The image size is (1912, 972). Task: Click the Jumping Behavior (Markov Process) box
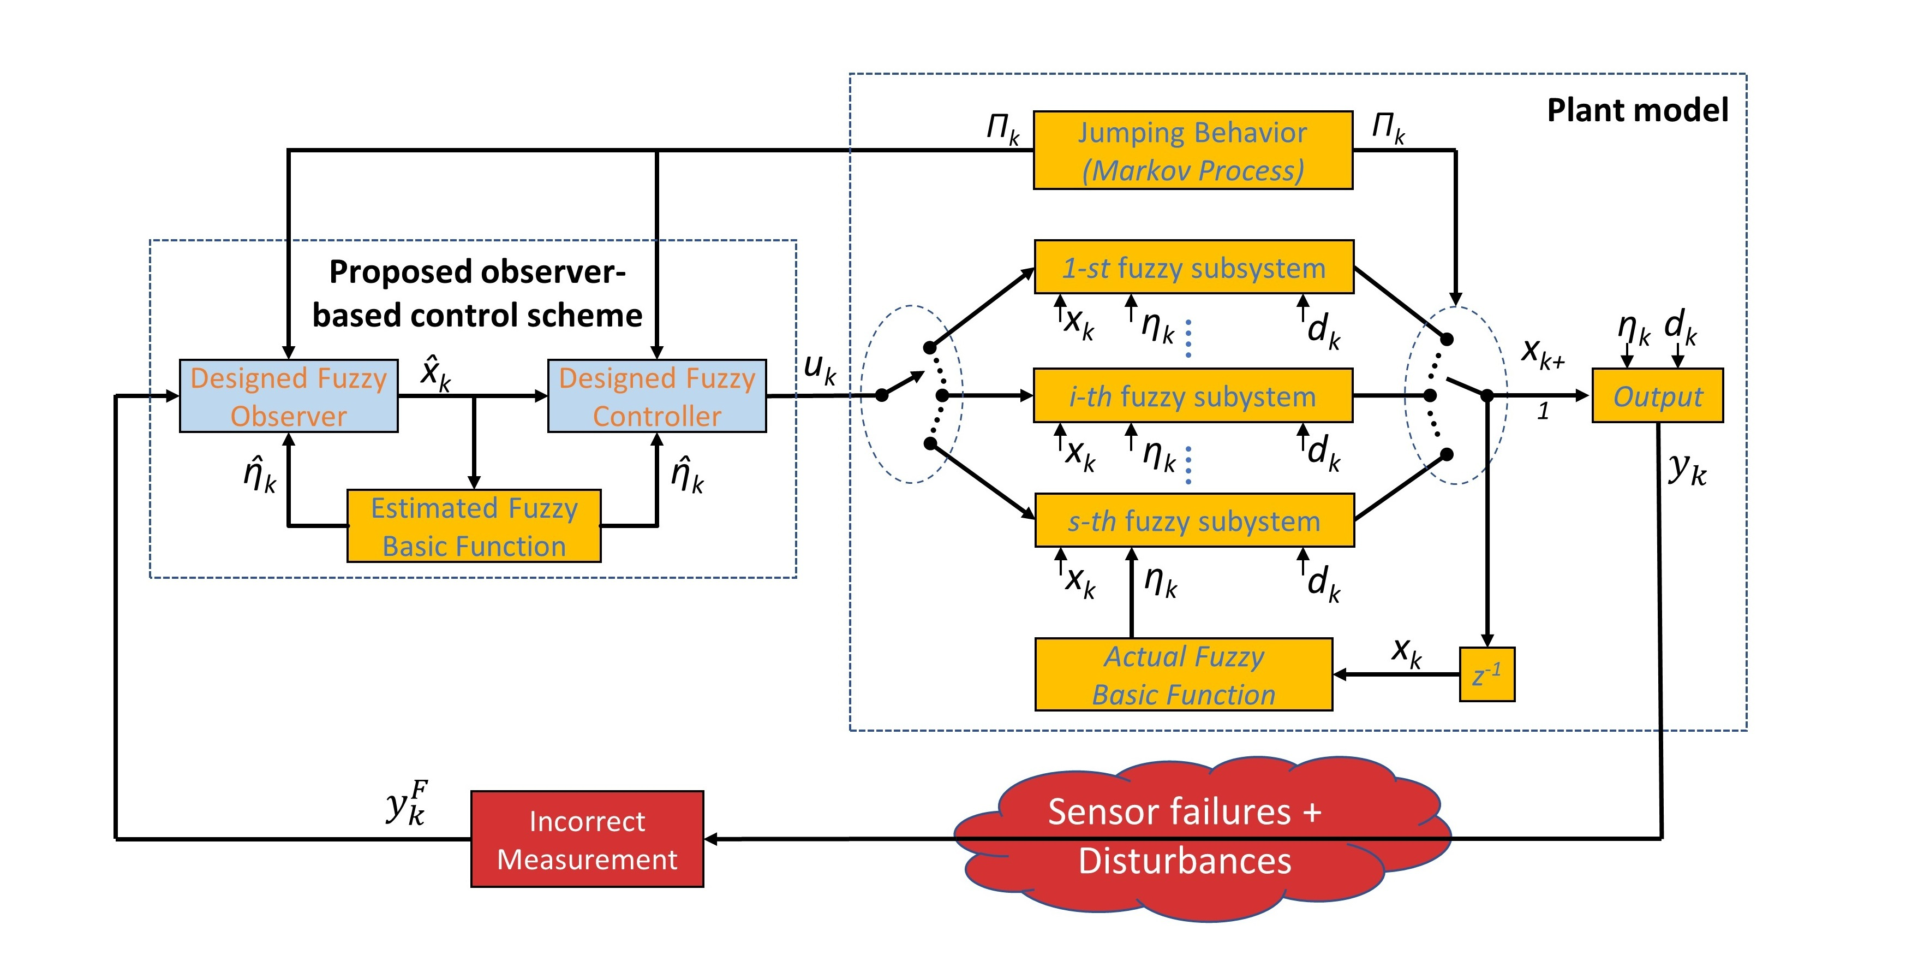[1192, 151]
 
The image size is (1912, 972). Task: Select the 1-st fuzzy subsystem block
[1193, 268]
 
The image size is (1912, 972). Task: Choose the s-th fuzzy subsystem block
[1193, 520]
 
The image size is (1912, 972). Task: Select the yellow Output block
[1657, 396]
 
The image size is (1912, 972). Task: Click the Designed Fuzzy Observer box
[288, 396]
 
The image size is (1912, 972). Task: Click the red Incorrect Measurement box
[587, 839]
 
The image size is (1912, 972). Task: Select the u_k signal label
[820, 368]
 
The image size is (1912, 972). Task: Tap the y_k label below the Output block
[1686, 469]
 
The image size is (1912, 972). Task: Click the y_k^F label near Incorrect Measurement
[407, 803]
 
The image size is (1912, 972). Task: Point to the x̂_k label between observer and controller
[435, 374]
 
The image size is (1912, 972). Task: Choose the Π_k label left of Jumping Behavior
[1002, 128]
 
